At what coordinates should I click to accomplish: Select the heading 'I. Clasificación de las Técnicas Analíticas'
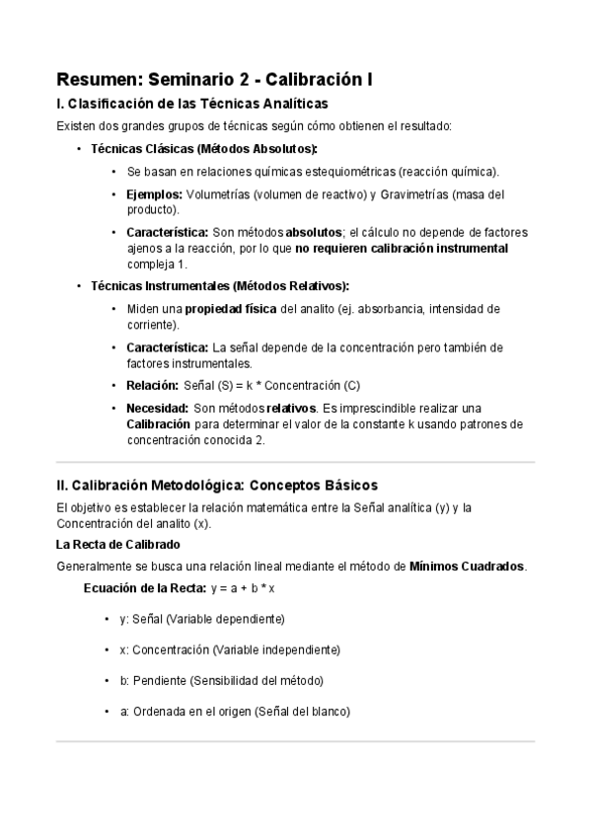click(x=191, y=104)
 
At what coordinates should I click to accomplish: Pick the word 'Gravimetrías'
click(x=419, y=194)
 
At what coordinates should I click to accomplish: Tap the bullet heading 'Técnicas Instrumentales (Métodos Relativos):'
click(x=219, y=286)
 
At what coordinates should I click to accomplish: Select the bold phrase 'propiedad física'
click(x=231, y=309)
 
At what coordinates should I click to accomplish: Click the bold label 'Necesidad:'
click(x=157, y=408)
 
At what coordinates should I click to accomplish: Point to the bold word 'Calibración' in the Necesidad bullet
click(x=158, y=424)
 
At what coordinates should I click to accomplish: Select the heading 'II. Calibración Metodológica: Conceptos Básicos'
click(x=217, y=486)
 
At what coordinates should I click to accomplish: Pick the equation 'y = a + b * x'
click(x=242, y=588)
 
